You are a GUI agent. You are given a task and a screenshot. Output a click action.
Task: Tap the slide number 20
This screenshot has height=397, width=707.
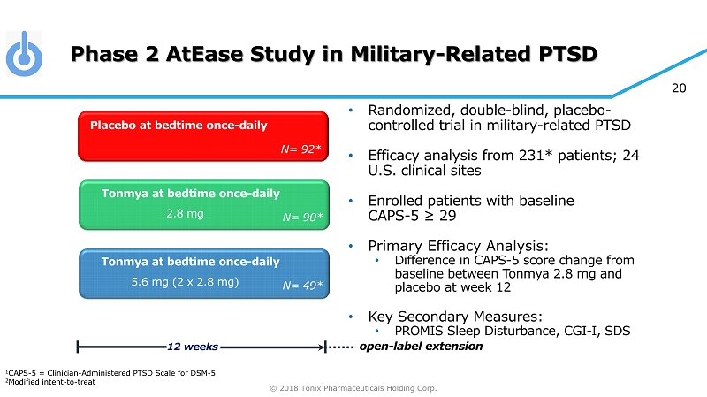click(x=679, y=88)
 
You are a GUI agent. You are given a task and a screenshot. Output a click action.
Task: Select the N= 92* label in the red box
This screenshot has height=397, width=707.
click(x=300, y=149)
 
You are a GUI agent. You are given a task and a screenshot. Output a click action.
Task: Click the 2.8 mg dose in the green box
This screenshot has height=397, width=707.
click(x=185, y=213)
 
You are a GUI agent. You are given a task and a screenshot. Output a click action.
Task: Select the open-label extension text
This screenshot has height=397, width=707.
click(x=421, y=347)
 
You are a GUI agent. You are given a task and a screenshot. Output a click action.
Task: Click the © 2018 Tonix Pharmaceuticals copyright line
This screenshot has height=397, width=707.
click(x=353, y=388)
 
